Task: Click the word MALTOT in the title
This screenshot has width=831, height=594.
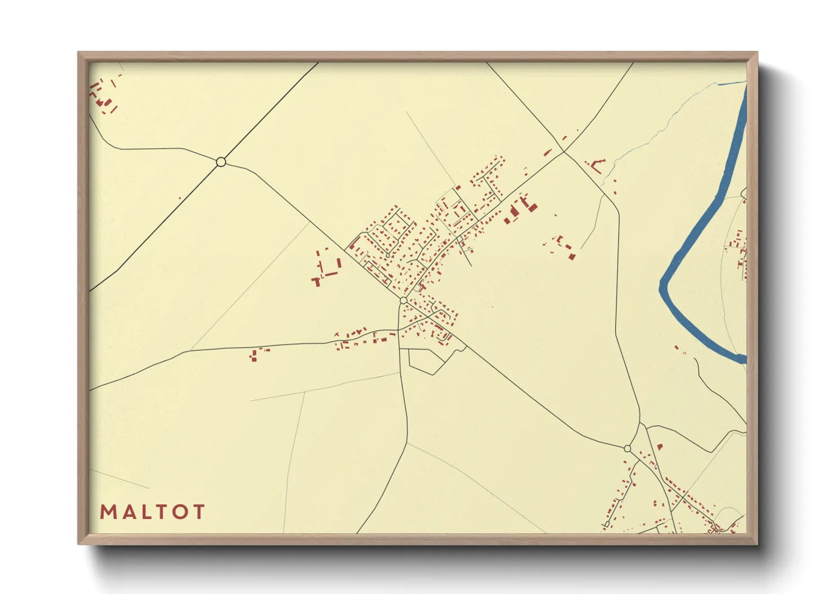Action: point(152,511)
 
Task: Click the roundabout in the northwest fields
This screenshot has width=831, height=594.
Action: point(221,162)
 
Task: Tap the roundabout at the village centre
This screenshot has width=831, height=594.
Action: point(403,301)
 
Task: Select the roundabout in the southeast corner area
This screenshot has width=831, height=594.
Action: point(627,448)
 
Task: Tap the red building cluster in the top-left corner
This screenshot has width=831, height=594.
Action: point(103,95)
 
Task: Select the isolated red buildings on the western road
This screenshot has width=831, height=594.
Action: point(255,354)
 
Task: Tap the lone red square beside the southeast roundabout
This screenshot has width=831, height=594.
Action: point(660,447)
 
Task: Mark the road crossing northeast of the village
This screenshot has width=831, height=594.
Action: point(564,152)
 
